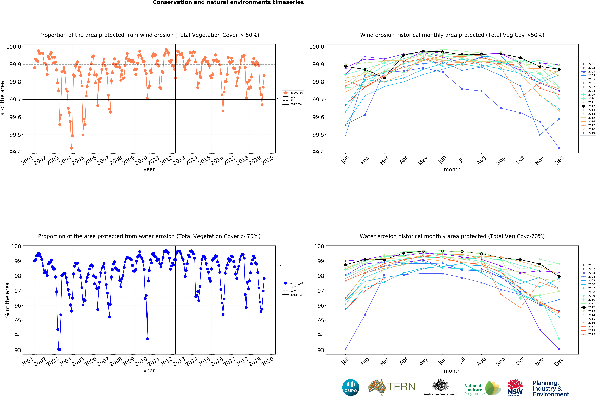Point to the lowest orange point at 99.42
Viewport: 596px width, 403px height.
click(x=71, y=148)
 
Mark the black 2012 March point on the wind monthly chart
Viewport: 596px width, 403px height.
click(x=384, y=78)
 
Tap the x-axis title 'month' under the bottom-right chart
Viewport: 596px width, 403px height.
click(x=452, y=371)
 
